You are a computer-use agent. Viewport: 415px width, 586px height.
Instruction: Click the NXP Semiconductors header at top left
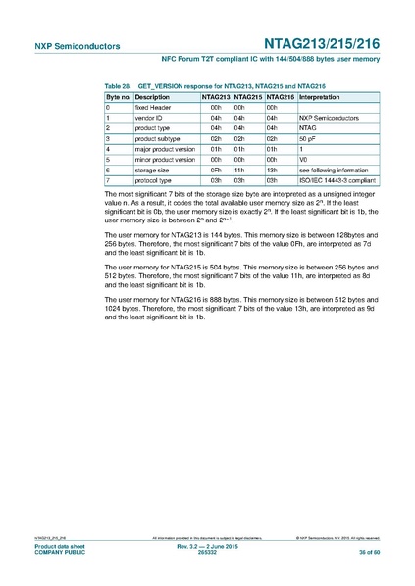pyautogui.click(x=64, y=45)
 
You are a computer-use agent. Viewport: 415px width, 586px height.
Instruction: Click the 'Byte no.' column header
pyautogui.click(x=118, y=99)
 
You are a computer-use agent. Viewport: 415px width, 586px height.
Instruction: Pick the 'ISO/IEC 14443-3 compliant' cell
pyautogui.click(x=335, y=181)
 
